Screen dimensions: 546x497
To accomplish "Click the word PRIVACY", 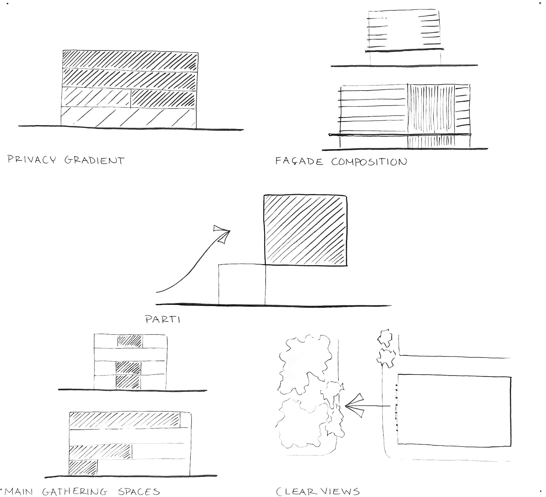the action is coord(31,160).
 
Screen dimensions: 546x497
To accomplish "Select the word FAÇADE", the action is coord(299,162).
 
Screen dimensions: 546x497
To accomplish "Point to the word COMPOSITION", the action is coord(369,162).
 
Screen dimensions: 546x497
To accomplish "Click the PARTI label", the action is coord(163,319).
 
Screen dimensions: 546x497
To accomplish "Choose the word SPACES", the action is coord(139,492).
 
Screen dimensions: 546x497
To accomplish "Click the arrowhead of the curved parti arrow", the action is coord(222,233).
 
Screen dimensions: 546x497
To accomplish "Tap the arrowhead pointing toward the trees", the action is coord(354,405).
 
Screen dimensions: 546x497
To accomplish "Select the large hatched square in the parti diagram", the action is coord(305,230).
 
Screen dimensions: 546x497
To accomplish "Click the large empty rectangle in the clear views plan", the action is coord(455,410).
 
